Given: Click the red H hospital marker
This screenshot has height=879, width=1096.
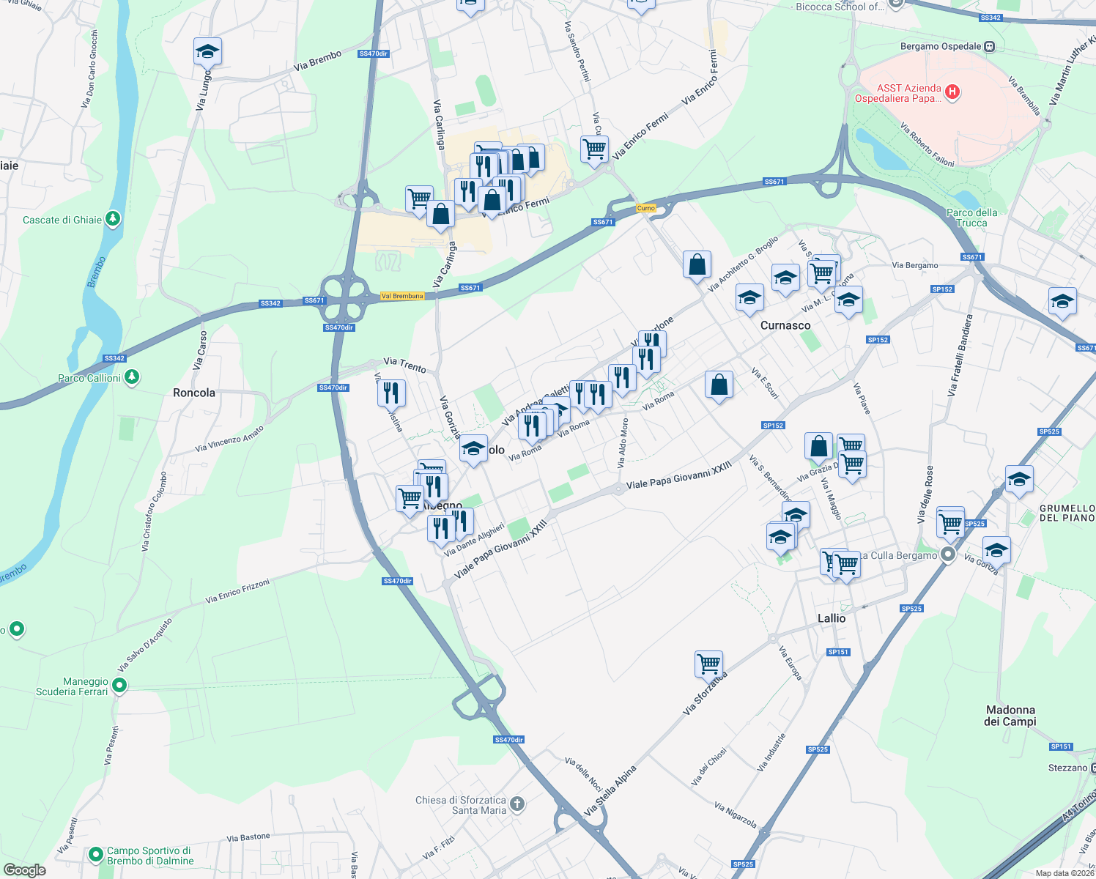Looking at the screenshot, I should (952, 92).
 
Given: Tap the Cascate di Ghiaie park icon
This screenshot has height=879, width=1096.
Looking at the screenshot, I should (112, 218).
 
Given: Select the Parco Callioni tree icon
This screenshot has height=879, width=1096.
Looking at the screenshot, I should (131, 377).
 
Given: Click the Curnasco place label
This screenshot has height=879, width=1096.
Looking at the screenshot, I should (785, 325).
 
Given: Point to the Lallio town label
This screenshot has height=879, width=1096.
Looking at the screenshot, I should (831, 618).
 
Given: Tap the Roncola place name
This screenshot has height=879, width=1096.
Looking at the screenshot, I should (194, 393).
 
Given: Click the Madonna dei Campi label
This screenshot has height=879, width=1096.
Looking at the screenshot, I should (1010, 716).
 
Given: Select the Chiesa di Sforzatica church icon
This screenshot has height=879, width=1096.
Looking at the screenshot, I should (517, 804).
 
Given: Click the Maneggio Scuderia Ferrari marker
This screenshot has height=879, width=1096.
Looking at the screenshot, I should (119, 686).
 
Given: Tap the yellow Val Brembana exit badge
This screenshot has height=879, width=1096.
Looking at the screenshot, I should (402, 296).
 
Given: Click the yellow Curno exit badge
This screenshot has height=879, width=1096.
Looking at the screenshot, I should (645, 208).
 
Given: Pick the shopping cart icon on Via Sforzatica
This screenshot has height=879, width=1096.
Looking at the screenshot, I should (708, 664).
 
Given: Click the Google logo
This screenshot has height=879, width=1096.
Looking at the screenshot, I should (25, 869).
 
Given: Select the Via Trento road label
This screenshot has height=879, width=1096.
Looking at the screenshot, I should (404, 365).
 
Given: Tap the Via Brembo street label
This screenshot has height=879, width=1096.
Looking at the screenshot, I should (317, 61).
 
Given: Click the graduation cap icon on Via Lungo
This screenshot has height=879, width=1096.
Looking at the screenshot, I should (207, 51).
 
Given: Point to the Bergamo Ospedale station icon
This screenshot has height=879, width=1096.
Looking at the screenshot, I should (990, 46).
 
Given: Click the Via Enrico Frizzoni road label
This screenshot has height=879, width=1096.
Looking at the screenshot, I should (237, 590).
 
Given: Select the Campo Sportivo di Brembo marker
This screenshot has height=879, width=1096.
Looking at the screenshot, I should (95, 855).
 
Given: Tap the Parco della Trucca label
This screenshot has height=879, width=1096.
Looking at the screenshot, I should (971, 218).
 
